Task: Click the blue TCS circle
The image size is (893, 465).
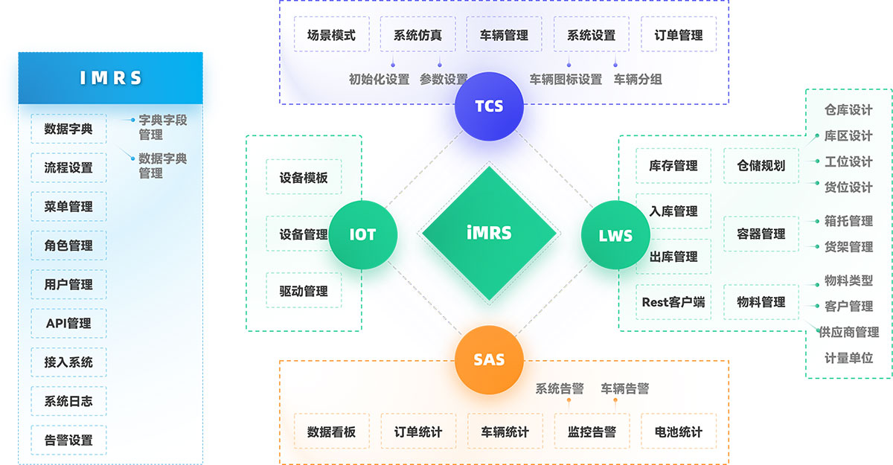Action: [x=489, y=106]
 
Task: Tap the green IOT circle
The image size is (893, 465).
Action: [x=362, y=235]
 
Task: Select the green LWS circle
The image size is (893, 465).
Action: [x=615, y=236]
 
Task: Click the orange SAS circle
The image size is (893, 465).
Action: [x=489, y=360]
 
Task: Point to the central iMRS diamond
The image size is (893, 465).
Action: [x=489, y=233]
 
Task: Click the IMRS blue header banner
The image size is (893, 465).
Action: [x=110, y=78]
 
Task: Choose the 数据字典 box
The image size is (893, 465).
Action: [x=68, y=129]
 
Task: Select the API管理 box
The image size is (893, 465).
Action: [x=68, y=324]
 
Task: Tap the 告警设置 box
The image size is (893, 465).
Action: [x=68, y=440]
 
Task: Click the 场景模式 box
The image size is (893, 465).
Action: [x=331, y=35]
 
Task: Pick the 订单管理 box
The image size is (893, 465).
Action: [x=679, y=35]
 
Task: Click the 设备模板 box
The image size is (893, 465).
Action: [x=304, y=178]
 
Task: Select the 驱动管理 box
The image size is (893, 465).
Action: [x=304, y=291]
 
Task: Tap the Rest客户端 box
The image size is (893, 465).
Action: [x=673, y=302]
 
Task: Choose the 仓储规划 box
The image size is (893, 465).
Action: [x=761, y=165]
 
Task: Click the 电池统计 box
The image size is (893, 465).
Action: [x=679, y=432]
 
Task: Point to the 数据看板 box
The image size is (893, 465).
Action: [x=331, y=432]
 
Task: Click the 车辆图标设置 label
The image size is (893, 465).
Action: [x=566, y=80]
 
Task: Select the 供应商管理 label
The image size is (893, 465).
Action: [x=849, y=332]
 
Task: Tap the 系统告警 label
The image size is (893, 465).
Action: [x=560, y=388]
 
